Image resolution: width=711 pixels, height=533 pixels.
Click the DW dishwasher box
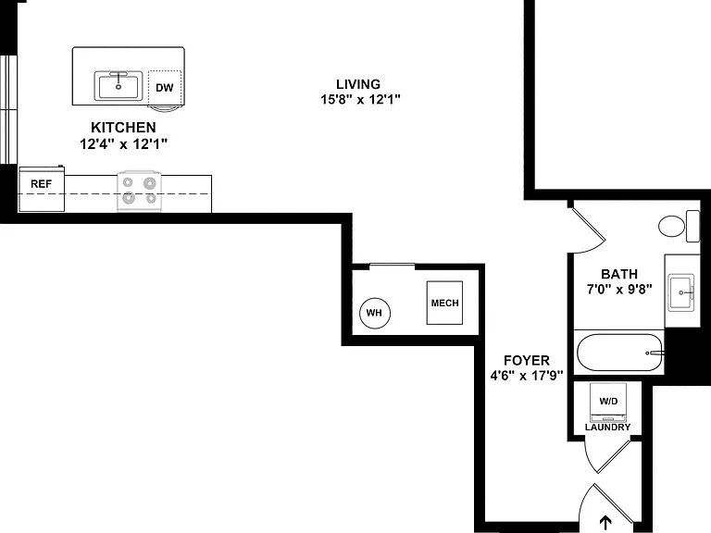tap(165, 88)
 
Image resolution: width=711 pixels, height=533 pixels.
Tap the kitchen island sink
tap(118, 86)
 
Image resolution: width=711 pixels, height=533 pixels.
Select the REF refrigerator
tap(42, 189)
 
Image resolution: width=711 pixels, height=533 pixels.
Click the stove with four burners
tap(139, 191)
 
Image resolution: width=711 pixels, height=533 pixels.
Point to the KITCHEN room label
tap(123, 128)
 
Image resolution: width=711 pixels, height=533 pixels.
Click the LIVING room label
tap(358, 84)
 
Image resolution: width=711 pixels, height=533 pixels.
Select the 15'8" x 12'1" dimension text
tap(360, 99)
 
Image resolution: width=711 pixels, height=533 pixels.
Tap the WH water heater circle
tap(375, 313)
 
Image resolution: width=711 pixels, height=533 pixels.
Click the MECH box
tap(444, 303)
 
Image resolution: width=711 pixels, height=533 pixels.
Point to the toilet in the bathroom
tap(679, 226)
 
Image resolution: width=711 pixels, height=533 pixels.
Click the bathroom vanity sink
tap(681, 292)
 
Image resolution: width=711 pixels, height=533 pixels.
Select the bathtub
tap(620, 353)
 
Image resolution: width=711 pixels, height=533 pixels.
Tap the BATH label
tap(619, 274)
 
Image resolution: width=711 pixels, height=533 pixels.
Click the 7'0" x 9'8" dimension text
tap(619, 289)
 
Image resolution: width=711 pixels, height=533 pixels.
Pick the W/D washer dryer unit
tap(608, 403)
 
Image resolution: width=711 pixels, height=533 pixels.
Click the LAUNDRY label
tap(607, 427)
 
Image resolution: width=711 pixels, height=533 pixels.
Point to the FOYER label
tap(527, 360)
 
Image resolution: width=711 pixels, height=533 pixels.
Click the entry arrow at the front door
tap(605, 522)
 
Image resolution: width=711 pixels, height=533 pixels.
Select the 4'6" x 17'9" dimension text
tap(527, 376)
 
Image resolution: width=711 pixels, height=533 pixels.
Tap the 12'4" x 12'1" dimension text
tap(124, 144)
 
